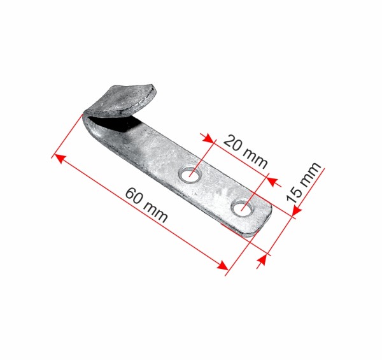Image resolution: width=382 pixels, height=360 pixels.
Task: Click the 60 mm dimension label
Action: point(146,205)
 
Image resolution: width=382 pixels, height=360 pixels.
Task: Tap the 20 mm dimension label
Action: point(245,152)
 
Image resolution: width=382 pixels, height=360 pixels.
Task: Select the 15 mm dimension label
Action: point(304,182)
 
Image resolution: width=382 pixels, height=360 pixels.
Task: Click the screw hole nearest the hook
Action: point(190,175)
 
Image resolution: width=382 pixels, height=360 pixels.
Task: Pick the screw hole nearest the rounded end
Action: point(243,208)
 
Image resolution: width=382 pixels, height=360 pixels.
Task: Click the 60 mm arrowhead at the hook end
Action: point(59,159)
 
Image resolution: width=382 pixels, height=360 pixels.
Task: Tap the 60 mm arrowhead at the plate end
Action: point(223,265)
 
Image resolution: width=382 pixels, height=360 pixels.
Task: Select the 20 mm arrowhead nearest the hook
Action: point(209,138)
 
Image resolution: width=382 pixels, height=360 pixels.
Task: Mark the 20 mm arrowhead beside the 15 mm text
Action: point(272,182)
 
